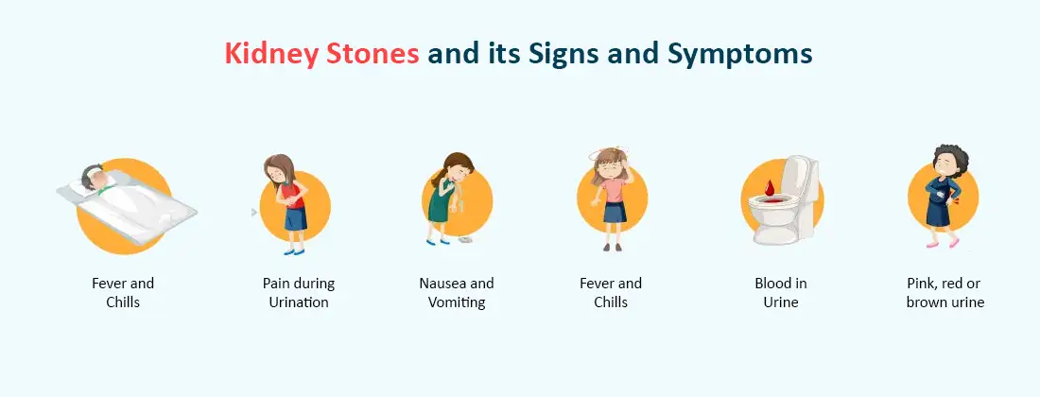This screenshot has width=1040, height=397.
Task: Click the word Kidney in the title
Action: [x=267, y=54]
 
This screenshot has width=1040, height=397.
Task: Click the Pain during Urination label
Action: [x=299, y=293]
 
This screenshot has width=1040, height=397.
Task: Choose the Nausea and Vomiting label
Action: [x=457, y=293]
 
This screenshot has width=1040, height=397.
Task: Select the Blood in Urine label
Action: [x=780, y=293]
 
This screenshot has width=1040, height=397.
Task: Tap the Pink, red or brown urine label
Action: [x=945, y=293]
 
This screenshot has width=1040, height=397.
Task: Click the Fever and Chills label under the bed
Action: [x=123, y=293]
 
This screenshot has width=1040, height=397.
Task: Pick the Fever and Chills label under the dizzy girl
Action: [x=611, y=293]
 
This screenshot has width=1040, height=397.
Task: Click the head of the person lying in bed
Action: [x=92, y=177]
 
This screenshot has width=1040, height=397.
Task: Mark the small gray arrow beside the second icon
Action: [x=253, y=213]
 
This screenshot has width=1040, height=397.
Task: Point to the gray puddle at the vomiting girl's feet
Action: [x=466, y=241]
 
